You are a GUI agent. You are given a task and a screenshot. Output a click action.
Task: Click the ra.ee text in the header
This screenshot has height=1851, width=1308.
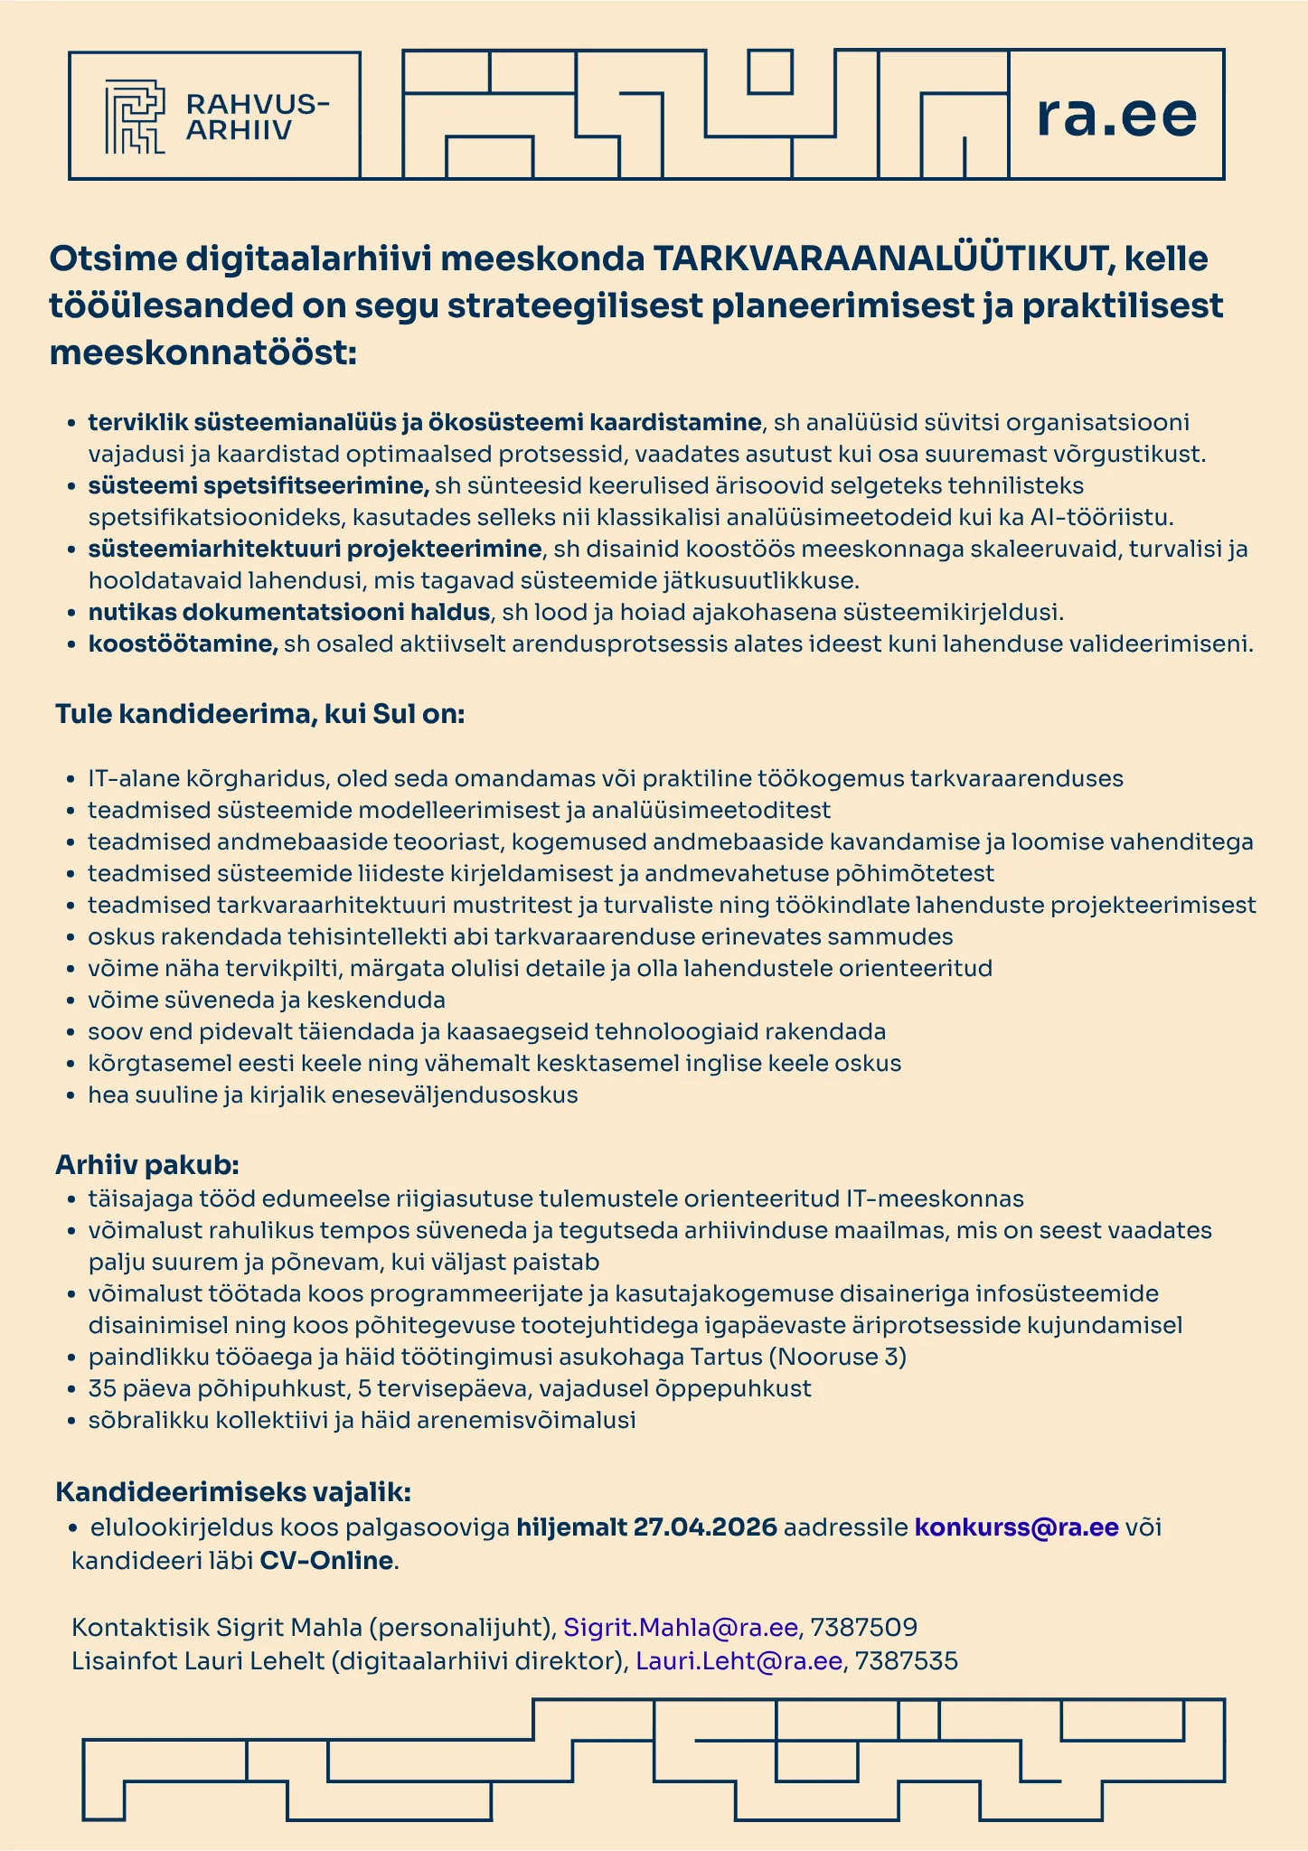pyautogui.click(x=1116, y=115)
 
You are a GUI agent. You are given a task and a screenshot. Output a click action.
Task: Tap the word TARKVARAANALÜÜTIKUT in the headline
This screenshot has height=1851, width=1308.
pyautogui.click(x=874, y=259)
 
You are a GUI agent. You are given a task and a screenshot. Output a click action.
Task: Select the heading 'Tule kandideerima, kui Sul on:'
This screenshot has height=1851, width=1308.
pyautogui.click(x=260, y=714)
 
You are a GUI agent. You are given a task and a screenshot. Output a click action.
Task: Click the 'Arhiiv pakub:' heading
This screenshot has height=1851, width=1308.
pyautogui.click(x=147, y=1164)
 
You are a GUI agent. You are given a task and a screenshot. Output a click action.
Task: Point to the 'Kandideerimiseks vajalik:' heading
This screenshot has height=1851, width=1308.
pyautogui.click(x=234, y=1490)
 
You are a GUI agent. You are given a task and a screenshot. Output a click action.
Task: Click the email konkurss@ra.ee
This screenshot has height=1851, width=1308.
pyautogui.click(x=1017, y=1527)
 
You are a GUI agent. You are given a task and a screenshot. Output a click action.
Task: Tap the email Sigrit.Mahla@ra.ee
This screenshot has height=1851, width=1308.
pyautogui.click(x=681, y=1628)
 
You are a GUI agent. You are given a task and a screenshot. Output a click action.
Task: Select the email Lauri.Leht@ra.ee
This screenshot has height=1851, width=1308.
pyautogui.click(x=739, y=1660)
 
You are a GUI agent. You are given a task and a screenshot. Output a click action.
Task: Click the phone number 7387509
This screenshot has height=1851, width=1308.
pyautogui.click(x=864, y=1628)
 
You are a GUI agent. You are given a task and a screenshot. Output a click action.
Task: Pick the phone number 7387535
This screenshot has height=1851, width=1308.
pyautogui.click(x=906, y=1660)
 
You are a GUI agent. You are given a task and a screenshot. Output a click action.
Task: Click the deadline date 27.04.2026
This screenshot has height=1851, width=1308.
pyautogui.click(x=705, y=1527)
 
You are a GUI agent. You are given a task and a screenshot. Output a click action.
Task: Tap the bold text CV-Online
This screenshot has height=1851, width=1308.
pyautogui.click(x=326, y=1561)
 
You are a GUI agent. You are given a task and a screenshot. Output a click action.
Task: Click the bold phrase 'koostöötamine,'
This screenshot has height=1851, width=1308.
pyautogui.click(x=183, y=644)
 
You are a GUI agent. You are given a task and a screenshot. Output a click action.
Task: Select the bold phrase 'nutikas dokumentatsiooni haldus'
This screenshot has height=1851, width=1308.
pyautogui.click(x=288, y=613)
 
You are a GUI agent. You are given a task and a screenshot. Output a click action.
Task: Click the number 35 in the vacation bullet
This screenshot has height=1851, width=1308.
pyautogui.click(x=102, y=1388)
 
